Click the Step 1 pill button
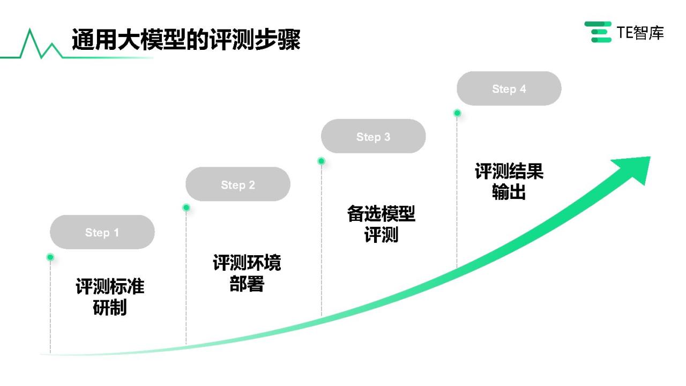click(102, 232)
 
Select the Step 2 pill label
click(238, 184)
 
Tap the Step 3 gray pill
click(374, 136)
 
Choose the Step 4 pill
click(509, 88)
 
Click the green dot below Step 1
click(50, 257)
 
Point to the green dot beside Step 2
click(186, 207)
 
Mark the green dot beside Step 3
click(321, 161)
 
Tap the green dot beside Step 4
click(457, 113)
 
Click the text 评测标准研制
click(110, 296)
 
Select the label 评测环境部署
click(247, 273)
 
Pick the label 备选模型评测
click(381, 224)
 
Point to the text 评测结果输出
click(509, 181)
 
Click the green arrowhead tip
click(650, 157)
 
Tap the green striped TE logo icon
click(598, 32)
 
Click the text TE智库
click(640, 33)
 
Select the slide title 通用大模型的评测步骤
click(186, 39)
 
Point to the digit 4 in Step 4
click(523, 89)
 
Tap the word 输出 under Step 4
click(509, 192)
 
